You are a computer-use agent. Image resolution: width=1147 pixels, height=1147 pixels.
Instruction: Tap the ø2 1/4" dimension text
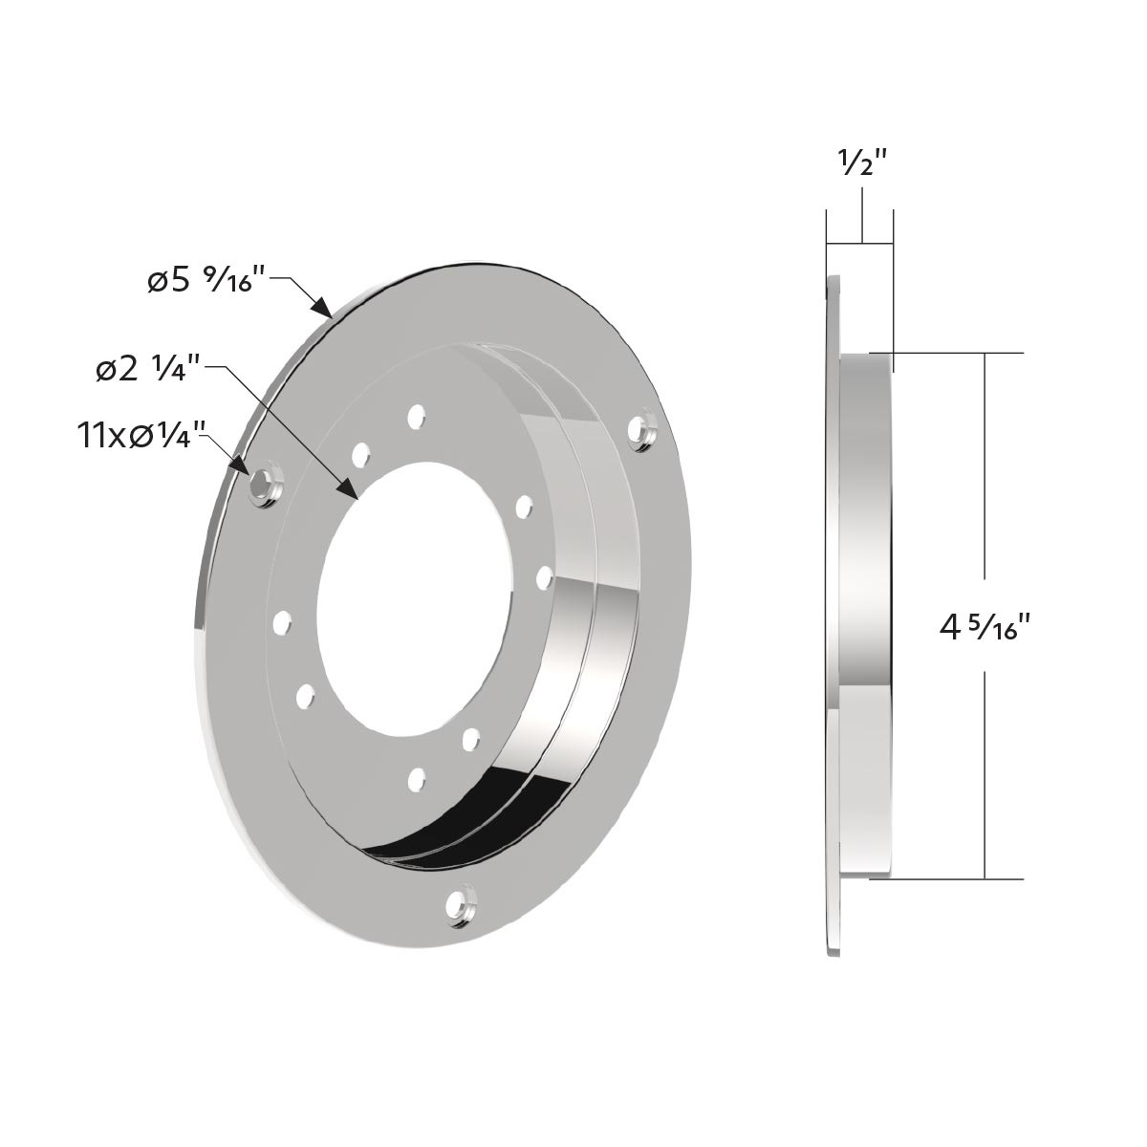tap(147, 370)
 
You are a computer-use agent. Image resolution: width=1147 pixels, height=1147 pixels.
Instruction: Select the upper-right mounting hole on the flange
tap(644, 428)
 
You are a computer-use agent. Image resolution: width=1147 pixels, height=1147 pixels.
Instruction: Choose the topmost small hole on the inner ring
tap(416, 416)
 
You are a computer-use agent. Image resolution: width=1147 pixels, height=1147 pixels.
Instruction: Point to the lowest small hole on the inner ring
tap(416, 779)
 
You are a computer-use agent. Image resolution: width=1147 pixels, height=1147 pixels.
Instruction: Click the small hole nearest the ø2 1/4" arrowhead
tap(360, 455)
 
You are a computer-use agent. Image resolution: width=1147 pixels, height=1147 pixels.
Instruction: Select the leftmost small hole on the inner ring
tap(281, 623)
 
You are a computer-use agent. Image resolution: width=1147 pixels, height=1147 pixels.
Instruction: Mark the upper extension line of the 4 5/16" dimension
tap(956, 354)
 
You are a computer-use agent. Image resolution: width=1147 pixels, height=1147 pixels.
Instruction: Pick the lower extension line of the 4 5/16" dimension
tap(956, 878)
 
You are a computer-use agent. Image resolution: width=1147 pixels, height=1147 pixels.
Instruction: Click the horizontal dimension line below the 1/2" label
tap(860, 241)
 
